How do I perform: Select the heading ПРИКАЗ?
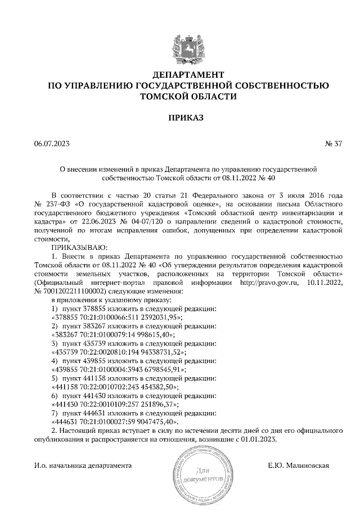click(188, 119)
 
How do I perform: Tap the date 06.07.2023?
click(52, 143)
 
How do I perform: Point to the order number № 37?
click(333, 143)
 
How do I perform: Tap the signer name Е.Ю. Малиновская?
click(299, 466)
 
